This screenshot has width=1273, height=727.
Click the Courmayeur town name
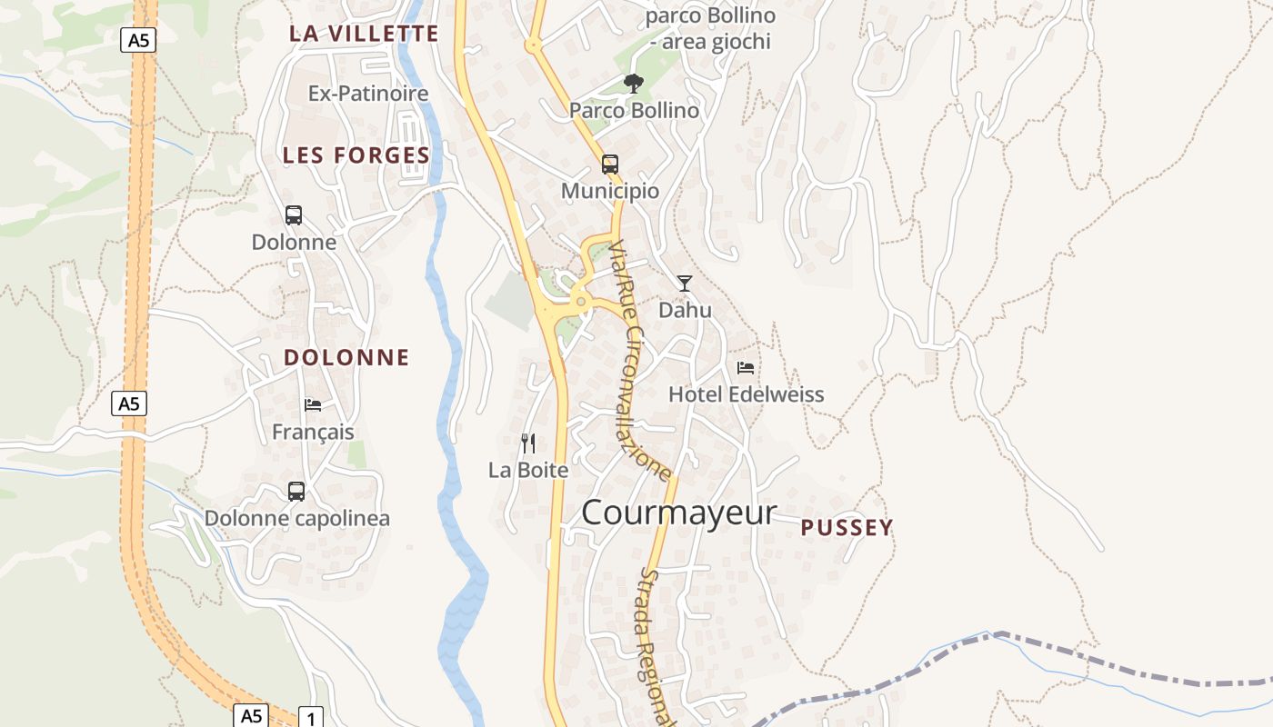point(678,513)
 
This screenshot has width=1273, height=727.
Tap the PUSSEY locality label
point(847,528)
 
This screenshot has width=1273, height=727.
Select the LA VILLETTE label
point(364,34)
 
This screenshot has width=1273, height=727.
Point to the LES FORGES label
point(356,155)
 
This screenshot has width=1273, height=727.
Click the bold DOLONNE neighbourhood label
point(346,357)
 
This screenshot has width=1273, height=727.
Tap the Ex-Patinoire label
point(368,94)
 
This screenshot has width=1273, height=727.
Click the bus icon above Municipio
point(610,164)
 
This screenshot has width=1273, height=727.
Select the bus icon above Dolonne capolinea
point(296,492)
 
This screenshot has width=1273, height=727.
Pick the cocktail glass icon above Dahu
point(685,284)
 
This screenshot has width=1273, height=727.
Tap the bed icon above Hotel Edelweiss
point(746,368)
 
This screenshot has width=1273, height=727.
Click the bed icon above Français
point(313,405)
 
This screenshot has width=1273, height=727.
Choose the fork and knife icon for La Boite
point(528,443)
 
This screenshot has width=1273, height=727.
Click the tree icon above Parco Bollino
point(633,84)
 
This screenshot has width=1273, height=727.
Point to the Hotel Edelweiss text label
point(747,394)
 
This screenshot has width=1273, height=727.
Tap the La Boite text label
point(528,470)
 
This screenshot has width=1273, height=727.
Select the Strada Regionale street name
point(657,645)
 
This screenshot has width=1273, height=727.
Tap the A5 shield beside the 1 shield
point(252,715)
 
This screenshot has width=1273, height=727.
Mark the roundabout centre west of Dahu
point(580,302)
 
